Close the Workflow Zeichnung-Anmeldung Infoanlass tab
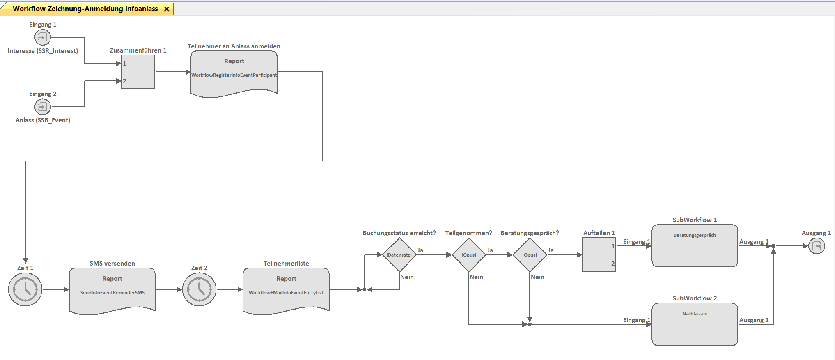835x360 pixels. (167, 9)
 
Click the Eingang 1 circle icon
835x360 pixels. (42, 37)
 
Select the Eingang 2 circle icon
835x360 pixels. (42, 107)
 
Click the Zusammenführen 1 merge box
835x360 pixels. (138, 72)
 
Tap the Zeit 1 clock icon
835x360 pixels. (25, 289)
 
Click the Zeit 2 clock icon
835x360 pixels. (199, 289)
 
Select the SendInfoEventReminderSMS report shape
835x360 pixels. (112, 291)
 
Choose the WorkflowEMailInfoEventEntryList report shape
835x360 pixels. (286, 291)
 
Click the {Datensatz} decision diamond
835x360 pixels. (399, 255)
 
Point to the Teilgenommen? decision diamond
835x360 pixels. (469, 255)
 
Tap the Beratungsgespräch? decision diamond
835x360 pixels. (530, 255)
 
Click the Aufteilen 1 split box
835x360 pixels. (599, 255)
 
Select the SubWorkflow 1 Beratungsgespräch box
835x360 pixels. (695, 245)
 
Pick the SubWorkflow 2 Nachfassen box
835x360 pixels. (695, 324)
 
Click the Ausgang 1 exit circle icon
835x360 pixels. (817, 246)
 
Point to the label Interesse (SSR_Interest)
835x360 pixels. (43, 51)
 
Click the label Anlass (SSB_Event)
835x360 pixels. (43, 120)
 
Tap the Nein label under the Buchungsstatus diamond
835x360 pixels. (407, 277)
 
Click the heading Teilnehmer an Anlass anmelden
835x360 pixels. (234, 46)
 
